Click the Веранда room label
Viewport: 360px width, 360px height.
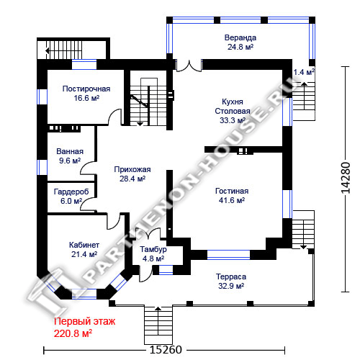240,37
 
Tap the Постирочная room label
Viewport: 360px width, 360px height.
86,89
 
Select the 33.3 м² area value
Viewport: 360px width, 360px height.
233,120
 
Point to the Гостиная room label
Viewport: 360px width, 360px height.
232,191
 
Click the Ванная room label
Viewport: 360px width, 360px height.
70,151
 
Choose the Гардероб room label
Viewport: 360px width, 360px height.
71,192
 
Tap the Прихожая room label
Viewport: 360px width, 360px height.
132,169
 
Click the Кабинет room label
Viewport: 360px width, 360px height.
84,245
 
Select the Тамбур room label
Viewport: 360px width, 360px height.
153,249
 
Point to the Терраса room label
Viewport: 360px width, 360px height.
231,276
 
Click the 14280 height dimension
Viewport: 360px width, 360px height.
346,178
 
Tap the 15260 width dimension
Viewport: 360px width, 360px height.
166,350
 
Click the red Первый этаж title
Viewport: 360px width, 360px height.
84,321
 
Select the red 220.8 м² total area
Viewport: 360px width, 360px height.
73,333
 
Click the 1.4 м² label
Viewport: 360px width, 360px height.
304,72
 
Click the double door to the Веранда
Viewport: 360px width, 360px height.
189,66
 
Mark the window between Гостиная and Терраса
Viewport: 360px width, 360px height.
228,255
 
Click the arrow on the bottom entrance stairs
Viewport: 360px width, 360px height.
158,320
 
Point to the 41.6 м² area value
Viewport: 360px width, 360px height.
232,200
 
